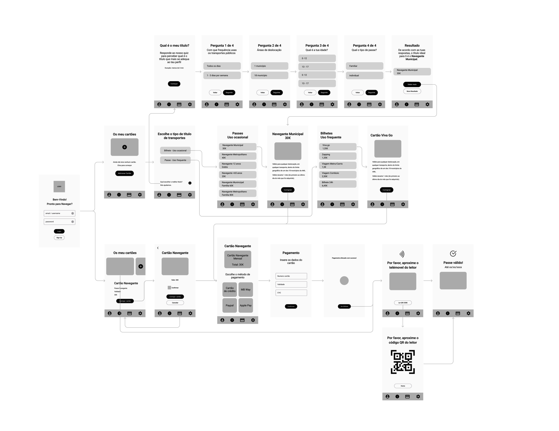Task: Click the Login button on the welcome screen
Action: pyautogui.click(x=59, y=231)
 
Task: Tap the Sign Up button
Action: pyautogui.click(x=59, y=238)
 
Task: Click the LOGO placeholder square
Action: pyautogui.click(x=59, y=187)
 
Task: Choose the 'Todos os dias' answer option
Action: pyautogui.click(x=222, y=66)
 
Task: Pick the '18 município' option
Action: pyautogui.click(x=269, y=75)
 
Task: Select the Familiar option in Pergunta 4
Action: pyautogui.click(x=364, y=66)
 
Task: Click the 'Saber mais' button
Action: pyautogui.click(x=412, y=84)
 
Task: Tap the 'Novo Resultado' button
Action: pyautogui.click(x=412, y=91)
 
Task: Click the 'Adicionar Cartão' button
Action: pyautogui.click(x=124, y=173)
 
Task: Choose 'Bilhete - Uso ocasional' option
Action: pyautogui.click(x=175, y=150)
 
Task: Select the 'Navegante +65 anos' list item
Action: pyautogui.click(x=238, y=174)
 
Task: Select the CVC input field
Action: pyautogui.click(x=291, y=293)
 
